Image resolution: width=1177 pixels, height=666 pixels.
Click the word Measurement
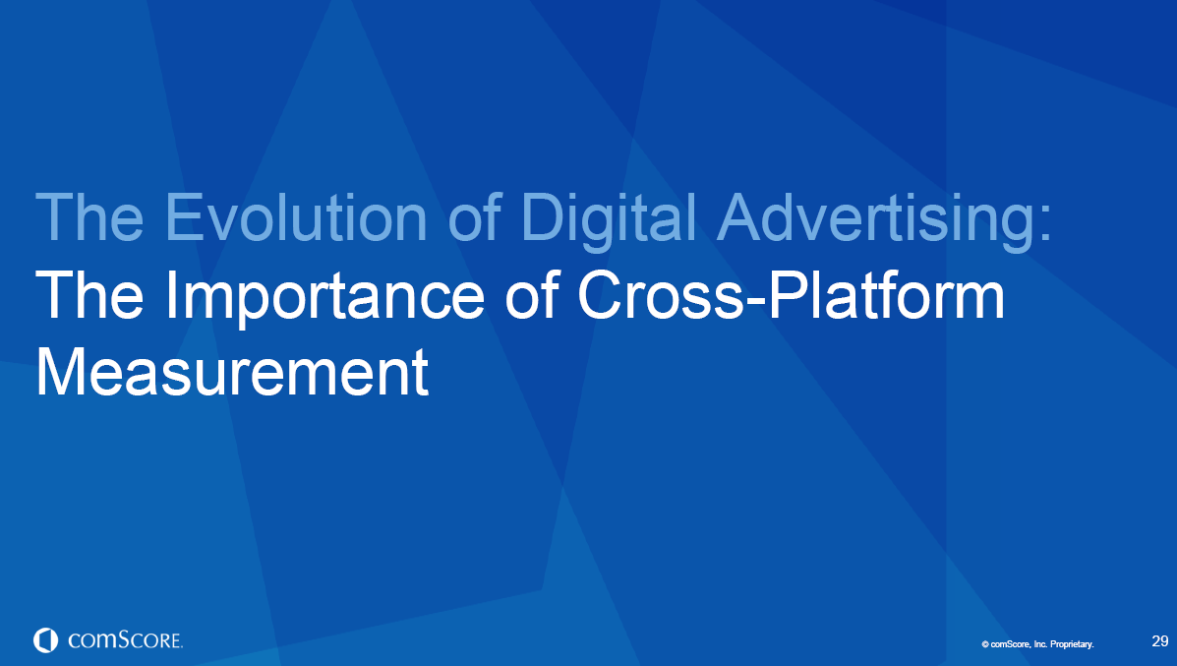(x=232, y=374)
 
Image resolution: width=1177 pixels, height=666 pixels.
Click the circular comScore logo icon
(x=45, y=640)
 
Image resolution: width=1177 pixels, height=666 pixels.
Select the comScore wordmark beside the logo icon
(x=125, y=640)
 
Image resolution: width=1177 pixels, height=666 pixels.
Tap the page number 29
(x=1159, y=641)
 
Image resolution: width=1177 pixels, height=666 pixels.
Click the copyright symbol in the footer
(x=984, y=644)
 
